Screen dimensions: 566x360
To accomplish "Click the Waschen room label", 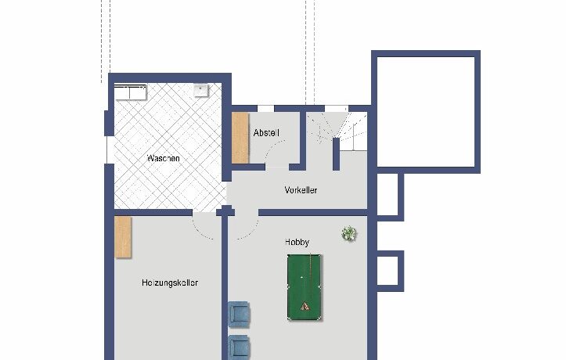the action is pos(163,158).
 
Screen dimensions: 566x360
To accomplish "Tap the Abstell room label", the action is pos(266,133).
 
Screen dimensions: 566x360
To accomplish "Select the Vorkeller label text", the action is pos(301,190).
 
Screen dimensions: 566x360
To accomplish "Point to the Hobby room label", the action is pos(297,242).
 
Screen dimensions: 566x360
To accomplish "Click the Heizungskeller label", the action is pos(170,283).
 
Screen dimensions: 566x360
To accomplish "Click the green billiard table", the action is pos(305,287).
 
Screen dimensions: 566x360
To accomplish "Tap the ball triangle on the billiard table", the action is pos(305,306).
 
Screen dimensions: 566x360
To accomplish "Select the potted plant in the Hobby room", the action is pos(348,233).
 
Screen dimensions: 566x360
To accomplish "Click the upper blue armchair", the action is pos(239,315).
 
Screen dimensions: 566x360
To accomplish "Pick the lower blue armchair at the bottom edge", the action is pos(239,347).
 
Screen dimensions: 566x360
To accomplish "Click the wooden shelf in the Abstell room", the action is pos(240,138).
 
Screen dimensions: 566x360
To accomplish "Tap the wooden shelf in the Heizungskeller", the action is pos(123,237).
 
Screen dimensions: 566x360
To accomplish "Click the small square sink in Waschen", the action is pos(201,91).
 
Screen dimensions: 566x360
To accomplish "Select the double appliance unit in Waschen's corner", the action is pos(130,92).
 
